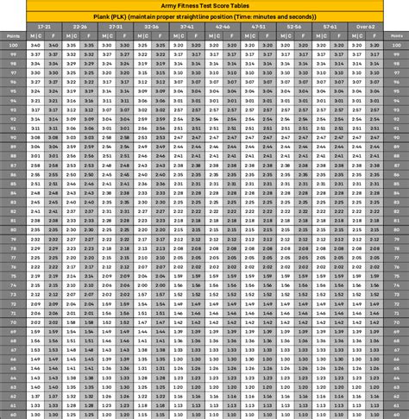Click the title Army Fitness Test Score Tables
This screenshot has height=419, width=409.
(204, 6)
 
